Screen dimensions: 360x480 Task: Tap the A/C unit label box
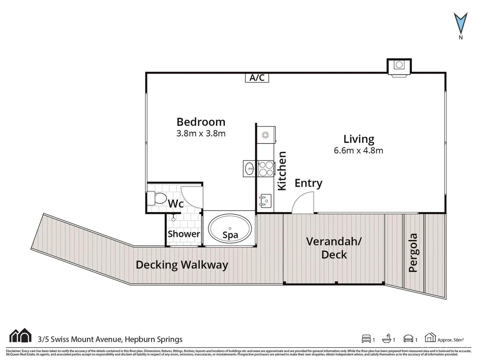tap(257, 78)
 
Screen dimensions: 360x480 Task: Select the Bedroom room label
tap(201, 122)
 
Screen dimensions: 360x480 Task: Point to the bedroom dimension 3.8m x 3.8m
tap(201, 134)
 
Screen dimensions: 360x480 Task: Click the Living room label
tap(359, 139)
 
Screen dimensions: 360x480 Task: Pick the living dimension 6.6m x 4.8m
tap(358, 151)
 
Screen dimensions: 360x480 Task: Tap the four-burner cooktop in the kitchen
tap(266, 169)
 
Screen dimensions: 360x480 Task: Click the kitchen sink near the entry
tap(265, 201)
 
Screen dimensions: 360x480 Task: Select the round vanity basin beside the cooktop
tap(249, 169)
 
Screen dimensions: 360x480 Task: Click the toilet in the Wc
tap(157, 198)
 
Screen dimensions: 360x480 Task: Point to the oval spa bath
tap(230, 229)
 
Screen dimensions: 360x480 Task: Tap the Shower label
tap(184, 234)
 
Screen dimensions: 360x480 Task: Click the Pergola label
tap(413, 253)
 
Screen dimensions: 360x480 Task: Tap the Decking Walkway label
tap(182, 265)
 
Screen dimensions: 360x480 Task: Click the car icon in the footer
tap(408, 339)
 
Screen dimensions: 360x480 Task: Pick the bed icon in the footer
tap(366, 339)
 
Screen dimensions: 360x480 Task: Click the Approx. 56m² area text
tap(450, 340)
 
